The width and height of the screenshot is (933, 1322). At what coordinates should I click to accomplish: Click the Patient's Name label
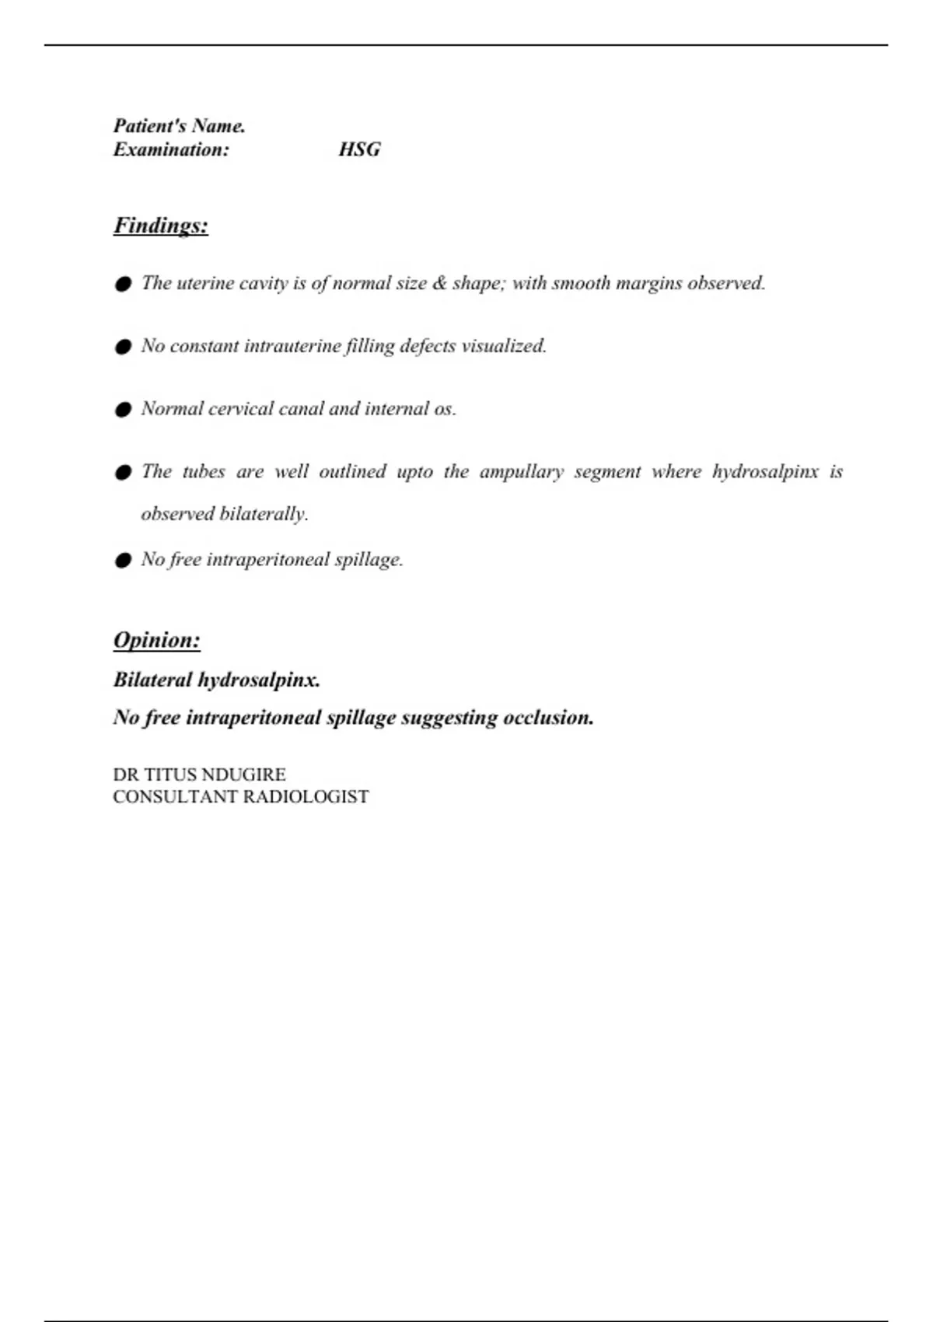(180, 126)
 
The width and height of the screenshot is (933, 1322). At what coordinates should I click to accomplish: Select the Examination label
(171, 150)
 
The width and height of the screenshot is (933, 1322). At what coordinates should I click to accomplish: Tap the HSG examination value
(359, 149)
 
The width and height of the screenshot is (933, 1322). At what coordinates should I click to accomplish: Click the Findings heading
(161, 226)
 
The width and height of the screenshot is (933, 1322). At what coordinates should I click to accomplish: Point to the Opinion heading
(157, 640)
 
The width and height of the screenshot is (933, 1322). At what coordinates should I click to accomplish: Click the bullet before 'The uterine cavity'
(123, 285)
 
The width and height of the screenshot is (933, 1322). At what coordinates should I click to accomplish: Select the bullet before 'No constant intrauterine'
(123, 348)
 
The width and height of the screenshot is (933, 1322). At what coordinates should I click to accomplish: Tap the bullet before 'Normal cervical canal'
(123, 410)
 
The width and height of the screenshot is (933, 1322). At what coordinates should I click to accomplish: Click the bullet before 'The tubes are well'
(123, 473)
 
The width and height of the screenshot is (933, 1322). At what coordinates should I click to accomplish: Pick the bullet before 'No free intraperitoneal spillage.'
(123, 561)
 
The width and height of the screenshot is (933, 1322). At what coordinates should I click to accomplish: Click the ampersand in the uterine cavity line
(440, 283)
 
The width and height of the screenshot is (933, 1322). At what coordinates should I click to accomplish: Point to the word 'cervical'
(241, 409)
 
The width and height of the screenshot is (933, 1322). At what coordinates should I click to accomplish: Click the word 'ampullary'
(521, 472)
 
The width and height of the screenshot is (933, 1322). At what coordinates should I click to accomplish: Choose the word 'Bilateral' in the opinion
(152, 680)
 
